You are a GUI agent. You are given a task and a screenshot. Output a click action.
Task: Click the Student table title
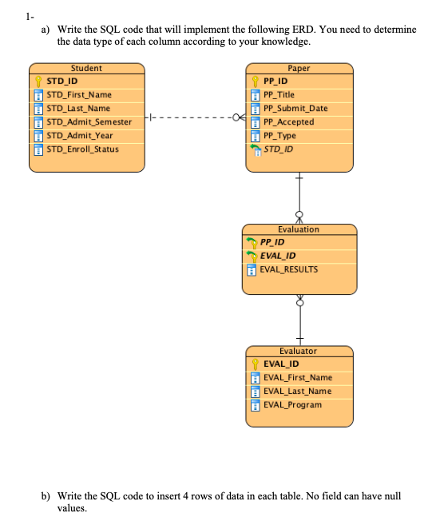(x=86, y=68)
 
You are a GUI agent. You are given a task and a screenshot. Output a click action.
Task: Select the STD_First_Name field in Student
(x=79, y=94)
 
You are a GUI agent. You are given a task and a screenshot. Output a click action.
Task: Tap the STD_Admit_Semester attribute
(x=89, y=121)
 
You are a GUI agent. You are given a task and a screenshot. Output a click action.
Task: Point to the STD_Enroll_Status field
(x=82, y=149)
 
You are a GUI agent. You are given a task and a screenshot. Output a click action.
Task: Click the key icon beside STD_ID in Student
(x=37, y=82)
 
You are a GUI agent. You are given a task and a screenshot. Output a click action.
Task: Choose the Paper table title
(x=299, y=68)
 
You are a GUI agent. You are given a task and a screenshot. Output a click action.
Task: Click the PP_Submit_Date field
(x=295, y=108)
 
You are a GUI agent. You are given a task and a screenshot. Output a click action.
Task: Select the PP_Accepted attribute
(x=288, y=121)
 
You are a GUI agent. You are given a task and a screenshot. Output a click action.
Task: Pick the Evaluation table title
(x=298, y=229)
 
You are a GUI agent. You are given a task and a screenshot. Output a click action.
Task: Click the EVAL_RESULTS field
(x=288, y=269)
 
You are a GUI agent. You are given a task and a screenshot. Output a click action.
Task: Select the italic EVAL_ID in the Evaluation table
(x=277, y=256)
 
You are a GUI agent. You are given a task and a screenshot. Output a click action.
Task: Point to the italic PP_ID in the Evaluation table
(x=272, y=242)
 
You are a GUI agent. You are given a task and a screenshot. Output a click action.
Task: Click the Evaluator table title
(x=298, y=351)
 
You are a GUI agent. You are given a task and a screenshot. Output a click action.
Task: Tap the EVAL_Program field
(x=292, y=404)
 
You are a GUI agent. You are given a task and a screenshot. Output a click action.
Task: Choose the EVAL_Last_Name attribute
(x=297, y=391)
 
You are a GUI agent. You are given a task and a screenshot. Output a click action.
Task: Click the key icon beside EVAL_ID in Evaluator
(x=256, y=364)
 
